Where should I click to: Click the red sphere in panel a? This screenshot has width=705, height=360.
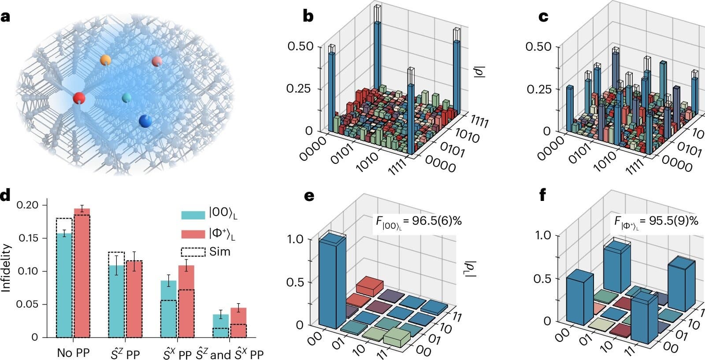(x=79, y=98)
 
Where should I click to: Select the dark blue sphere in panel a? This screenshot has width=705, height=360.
(x=145, y=120)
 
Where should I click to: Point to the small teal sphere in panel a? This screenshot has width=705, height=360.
(x=126, y=97)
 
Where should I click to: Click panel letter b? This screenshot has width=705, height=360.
(x=308, y=16)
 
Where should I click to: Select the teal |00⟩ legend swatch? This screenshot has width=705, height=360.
(x=193, y=215)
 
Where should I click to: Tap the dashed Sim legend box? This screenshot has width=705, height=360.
(x=193, y=252)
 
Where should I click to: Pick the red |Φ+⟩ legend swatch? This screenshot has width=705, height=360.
(x=193, y=234)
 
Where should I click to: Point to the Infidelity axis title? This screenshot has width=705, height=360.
(x=6, y=268)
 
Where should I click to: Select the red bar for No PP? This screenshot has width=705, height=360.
(x=82, y=273)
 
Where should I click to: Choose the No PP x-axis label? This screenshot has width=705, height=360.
(x=73, y=353)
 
